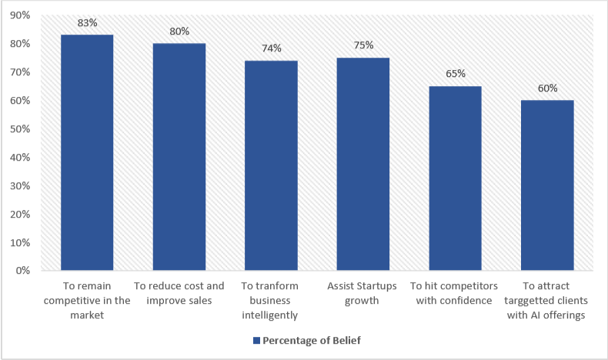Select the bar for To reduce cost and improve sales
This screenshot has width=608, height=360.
coord(179,157)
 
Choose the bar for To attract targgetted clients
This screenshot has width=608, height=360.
coord(547,185)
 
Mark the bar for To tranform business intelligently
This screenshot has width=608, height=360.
coord(271,165)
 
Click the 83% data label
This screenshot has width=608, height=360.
coord(87,23)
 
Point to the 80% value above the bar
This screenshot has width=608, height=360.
coord(179,32)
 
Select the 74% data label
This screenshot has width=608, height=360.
coord(271,48)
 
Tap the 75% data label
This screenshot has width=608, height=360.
coord(362,45)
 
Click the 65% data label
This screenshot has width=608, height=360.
coord(455,74)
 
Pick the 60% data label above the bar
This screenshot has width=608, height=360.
coord(547,88)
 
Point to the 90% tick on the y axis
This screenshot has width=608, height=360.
coord(21,15)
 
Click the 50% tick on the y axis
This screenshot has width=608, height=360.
coord(21,128)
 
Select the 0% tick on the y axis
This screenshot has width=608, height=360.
coord(23,271)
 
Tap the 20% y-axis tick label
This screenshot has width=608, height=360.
coord(21,214)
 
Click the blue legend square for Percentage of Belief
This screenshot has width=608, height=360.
coord(256,341)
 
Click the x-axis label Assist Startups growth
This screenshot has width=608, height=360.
coord(362,293)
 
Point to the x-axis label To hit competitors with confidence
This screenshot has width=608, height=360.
coord(455,293)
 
